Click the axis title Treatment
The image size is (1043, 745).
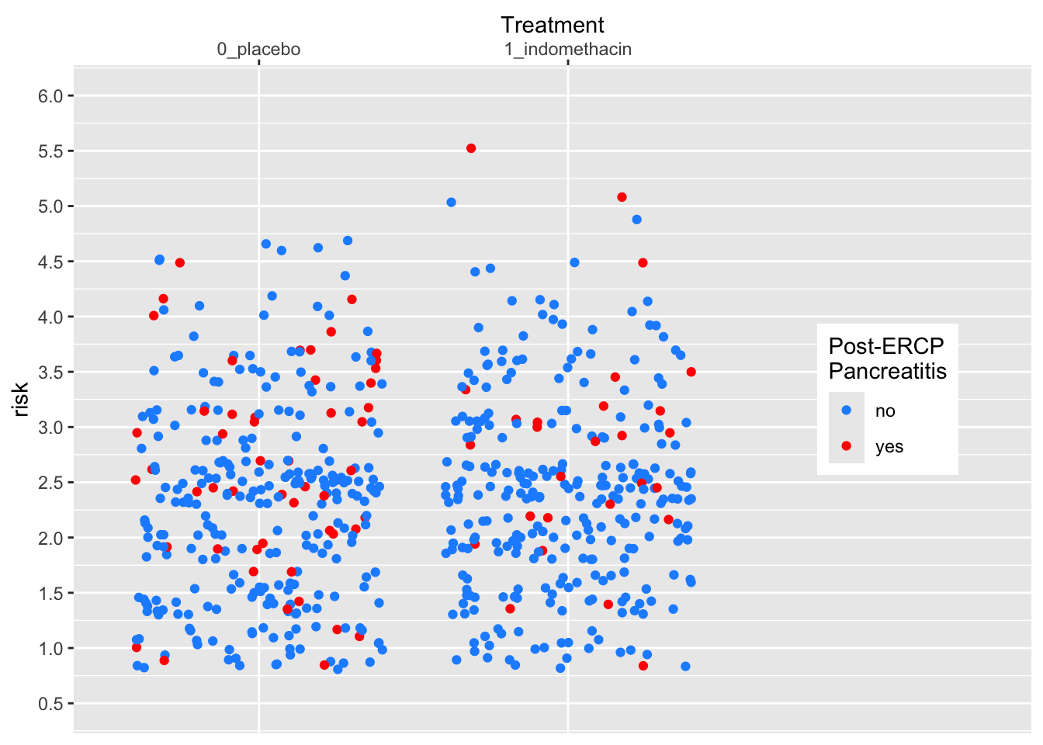552,25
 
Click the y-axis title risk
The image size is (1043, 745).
21,399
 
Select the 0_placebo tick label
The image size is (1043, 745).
258,50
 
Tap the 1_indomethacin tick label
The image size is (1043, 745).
567,50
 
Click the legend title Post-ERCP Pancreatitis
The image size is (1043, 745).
887,359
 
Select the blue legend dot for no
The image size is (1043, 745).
846,411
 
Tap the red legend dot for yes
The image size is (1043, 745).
846,446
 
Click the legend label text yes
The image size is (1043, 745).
889,447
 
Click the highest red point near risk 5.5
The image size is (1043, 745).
471,148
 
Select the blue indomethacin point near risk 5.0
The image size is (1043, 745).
451,203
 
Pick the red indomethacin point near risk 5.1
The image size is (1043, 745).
622,197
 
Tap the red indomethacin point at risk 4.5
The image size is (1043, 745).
643,263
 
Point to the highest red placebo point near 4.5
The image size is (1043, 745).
179,262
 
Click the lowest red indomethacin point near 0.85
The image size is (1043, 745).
643,666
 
